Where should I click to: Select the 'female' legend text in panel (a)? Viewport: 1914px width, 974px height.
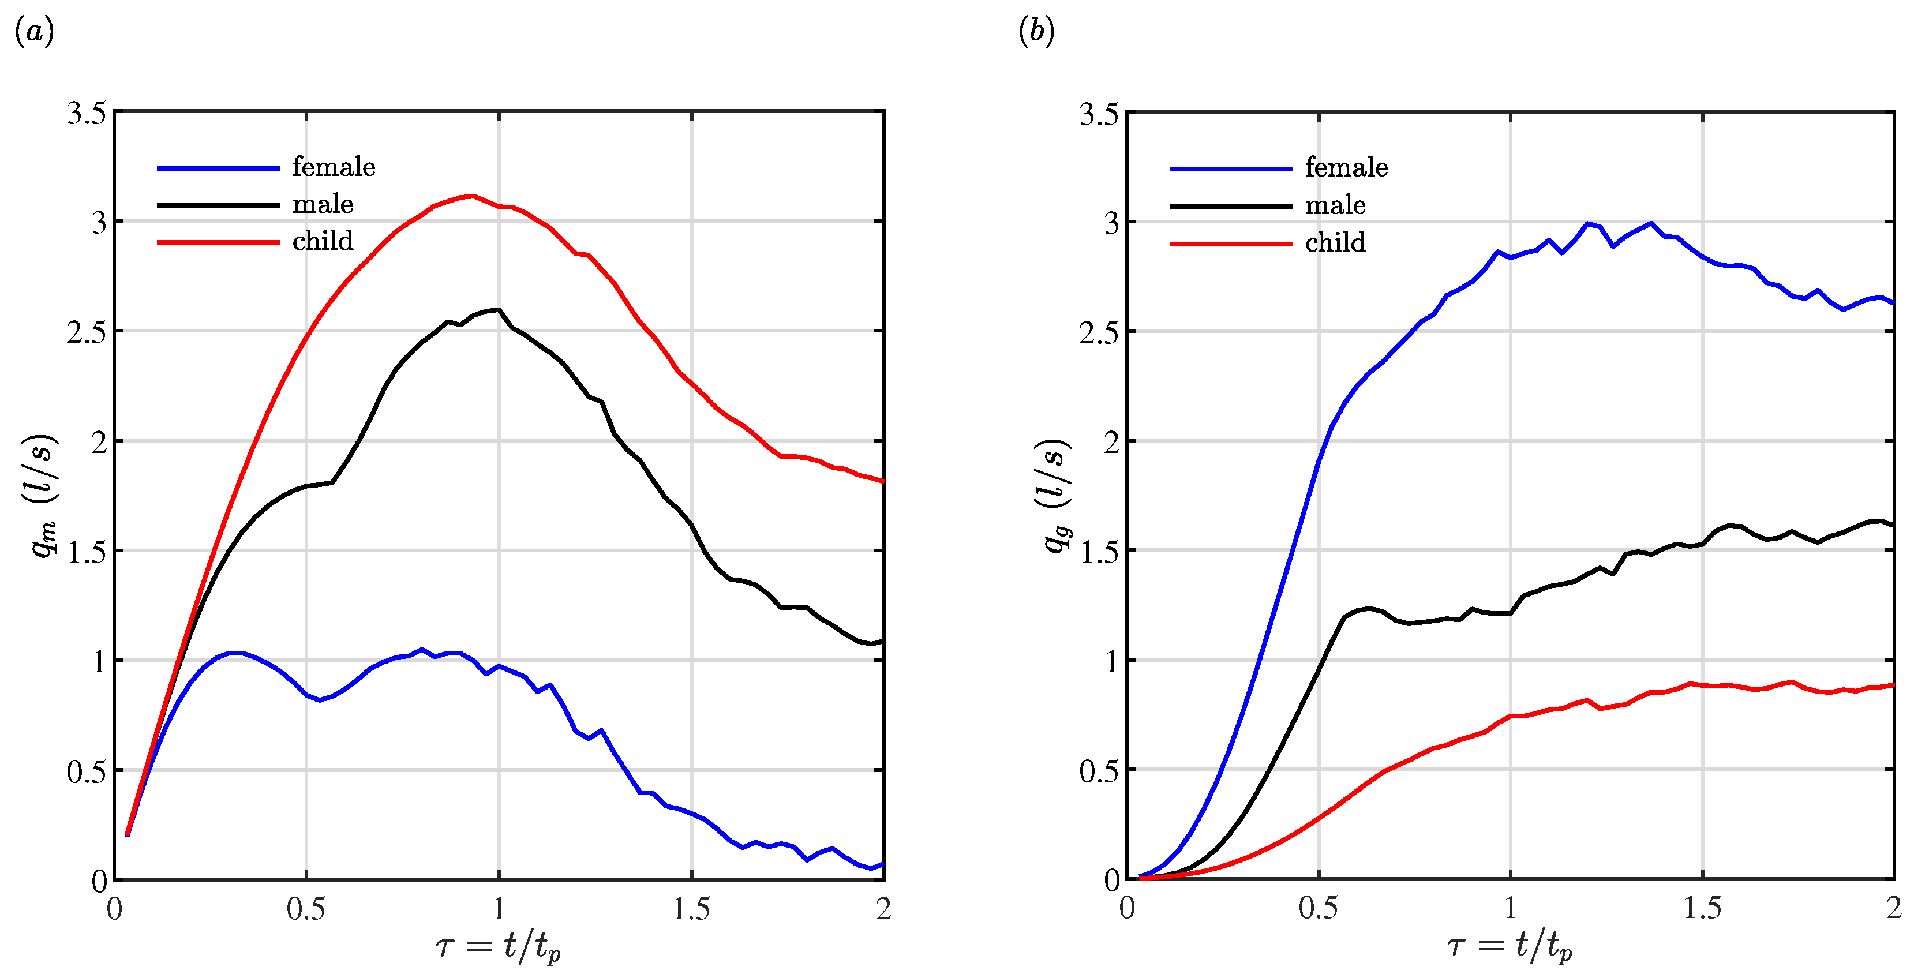point(334,167)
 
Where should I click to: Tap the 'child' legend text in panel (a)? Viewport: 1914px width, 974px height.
point(323,241)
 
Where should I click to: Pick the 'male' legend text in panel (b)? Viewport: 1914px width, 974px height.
point(1335,205)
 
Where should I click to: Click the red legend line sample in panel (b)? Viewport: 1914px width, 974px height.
point(1230,244)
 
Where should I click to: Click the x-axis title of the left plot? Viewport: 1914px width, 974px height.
point(498,946)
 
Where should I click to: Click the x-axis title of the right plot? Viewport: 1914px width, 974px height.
point(1510,946)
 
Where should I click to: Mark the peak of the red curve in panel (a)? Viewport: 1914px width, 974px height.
point(472,196)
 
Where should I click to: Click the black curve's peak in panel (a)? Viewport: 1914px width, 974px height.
point(498,309)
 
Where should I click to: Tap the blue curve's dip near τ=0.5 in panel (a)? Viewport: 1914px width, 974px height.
point(320,700)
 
